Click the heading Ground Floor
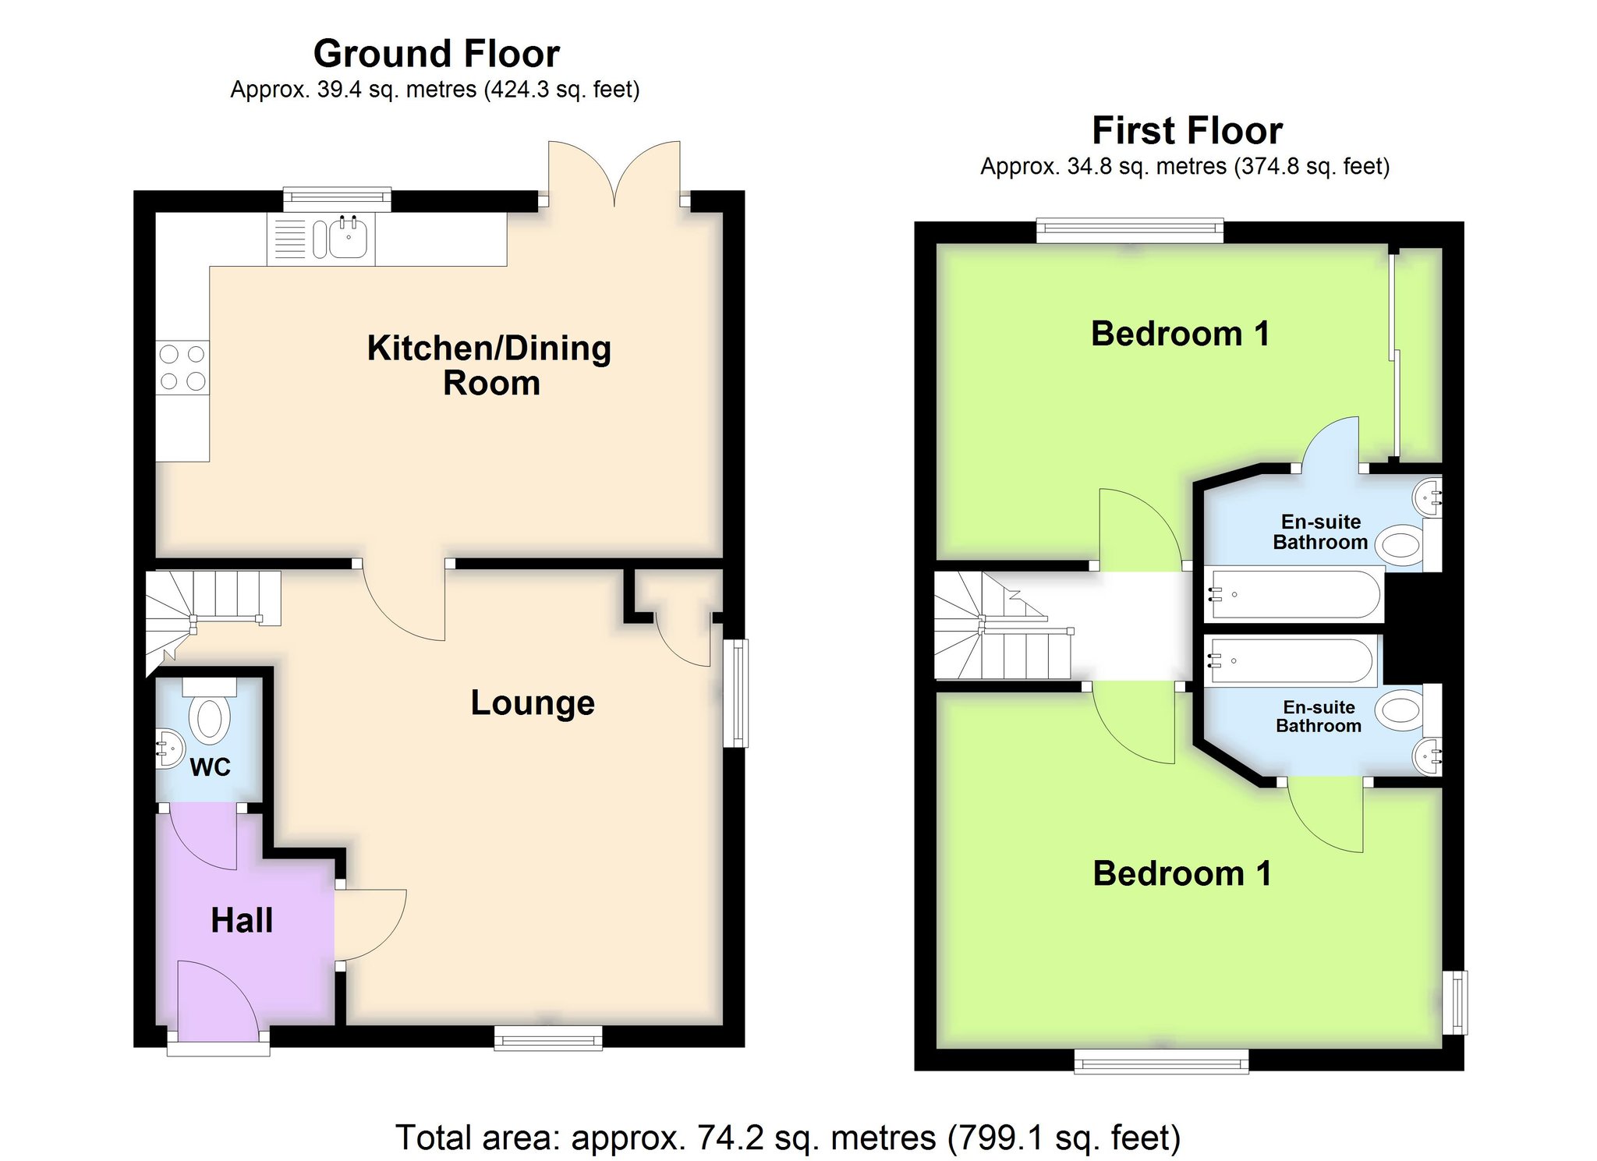[437, 54]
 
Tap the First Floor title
[1187, 130]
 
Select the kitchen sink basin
[348, 238]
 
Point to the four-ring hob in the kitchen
[182, 367]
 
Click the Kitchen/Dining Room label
[490, 365]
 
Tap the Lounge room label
[533, 703]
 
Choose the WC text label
[211, 767]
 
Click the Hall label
[242, 921]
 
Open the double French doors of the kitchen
[614, 174]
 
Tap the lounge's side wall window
[735, 693]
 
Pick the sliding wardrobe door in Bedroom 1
[1394, 355]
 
